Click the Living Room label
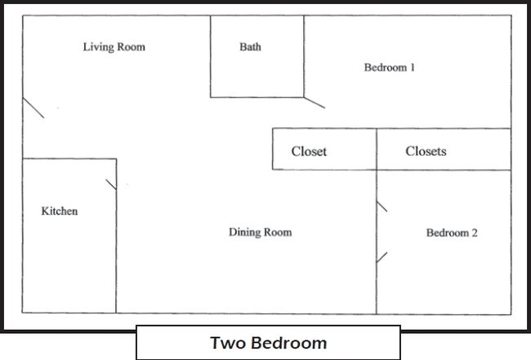coord(114,47)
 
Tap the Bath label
coord(250,47)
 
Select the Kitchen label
coord(60,211)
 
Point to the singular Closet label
coord(309,152)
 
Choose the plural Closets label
coord(426,152)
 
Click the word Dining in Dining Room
coord(244,233)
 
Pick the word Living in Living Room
coord(99,47)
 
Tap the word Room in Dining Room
coord(278,233)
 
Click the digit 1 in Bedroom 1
coord(413,68)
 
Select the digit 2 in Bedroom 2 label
coord(475,233)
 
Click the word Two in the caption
coord(225,343)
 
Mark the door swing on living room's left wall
coord(33,108)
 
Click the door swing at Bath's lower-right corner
coord(315,103)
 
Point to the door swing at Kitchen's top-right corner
coord(111,184)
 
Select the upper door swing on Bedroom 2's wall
coord(382,207)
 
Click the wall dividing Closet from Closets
coord(377,149)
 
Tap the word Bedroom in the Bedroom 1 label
coord(385,68)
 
